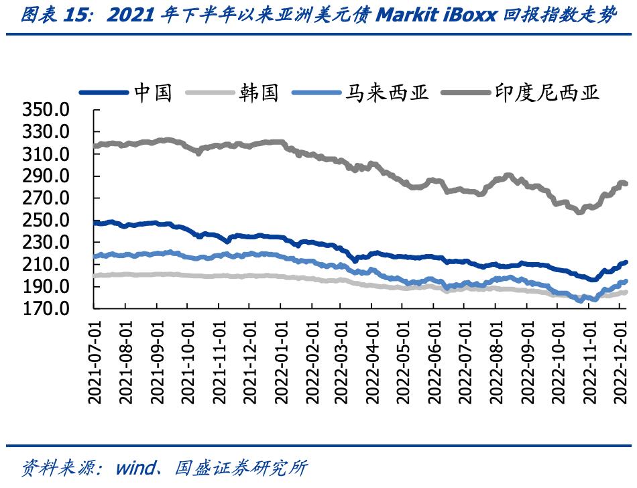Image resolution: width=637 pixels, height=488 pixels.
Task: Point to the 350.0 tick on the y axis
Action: tap(46, 110)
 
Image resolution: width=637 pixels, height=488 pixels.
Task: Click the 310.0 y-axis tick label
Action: tap(46, 154)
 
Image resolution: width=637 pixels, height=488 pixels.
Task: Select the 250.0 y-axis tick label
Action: tap(46, 221)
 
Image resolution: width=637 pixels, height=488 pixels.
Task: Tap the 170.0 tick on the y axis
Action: tap(46, 309)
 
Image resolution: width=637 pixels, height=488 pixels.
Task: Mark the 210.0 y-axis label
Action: tap(46, 265)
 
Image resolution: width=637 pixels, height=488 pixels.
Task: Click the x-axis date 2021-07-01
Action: tap(95, 362)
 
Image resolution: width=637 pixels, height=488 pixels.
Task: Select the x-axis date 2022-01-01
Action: tap(280, 362)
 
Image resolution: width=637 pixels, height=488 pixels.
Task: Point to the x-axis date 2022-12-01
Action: tap(620, 362)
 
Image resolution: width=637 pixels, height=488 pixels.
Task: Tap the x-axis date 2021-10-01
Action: tap(187, 362)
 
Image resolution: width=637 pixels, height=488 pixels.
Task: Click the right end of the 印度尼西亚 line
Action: tap(626, 184)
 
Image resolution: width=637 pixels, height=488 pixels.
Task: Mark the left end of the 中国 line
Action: tap(95, 223)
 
